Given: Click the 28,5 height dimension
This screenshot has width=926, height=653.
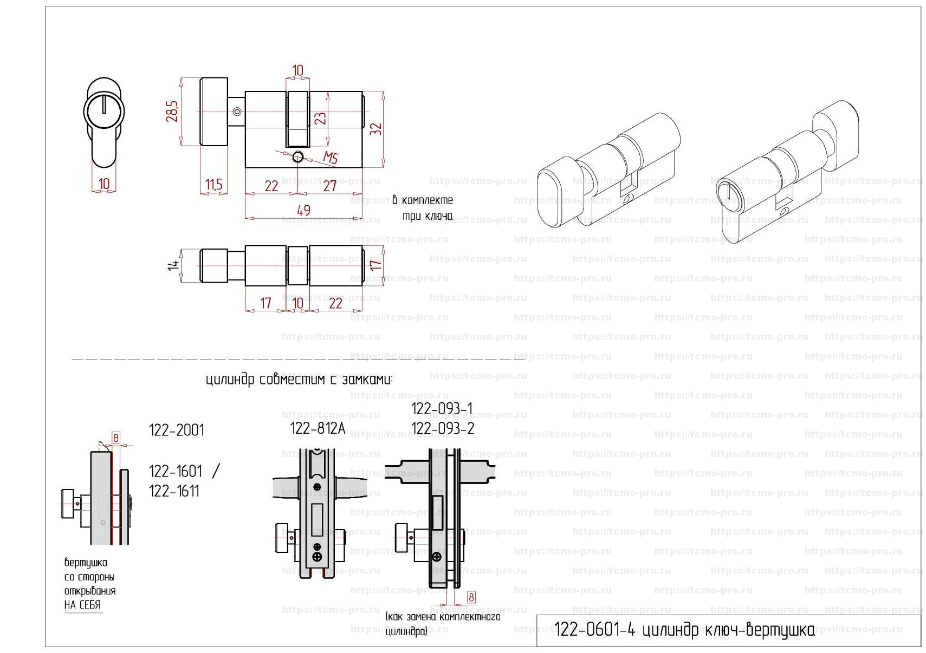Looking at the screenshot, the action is pos(172,112).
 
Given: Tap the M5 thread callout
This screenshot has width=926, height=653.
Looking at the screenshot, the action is pos(331,158).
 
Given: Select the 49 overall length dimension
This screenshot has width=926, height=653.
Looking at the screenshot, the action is pos(304,211).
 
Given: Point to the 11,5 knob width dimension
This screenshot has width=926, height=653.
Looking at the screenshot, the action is pos(213,184).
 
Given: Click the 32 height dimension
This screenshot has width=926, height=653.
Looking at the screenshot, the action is pos(376,129).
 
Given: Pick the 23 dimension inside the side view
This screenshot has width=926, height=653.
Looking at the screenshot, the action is pos(320,118).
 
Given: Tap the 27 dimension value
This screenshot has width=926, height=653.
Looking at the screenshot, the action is pos(330,186).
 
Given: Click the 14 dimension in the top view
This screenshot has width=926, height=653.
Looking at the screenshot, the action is pos(173,265).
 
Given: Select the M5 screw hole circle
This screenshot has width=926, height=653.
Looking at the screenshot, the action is pos(297,158).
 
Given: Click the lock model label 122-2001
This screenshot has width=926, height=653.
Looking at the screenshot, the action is pos(177,430).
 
